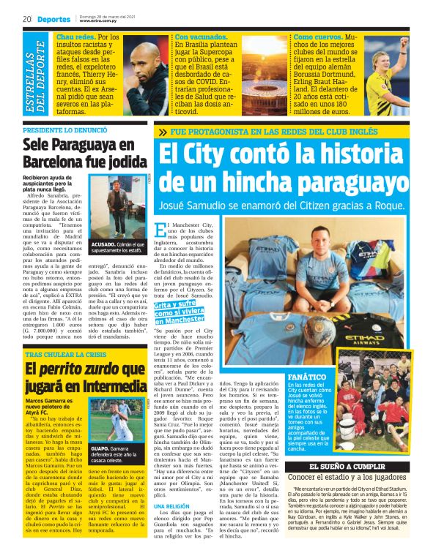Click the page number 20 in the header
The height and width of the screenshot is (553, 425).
[26, 19]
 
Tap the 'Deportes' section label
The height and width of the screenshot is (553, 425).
[51, 19]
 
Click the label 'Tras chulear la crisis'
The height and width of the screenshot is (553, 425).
[67, 353]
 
